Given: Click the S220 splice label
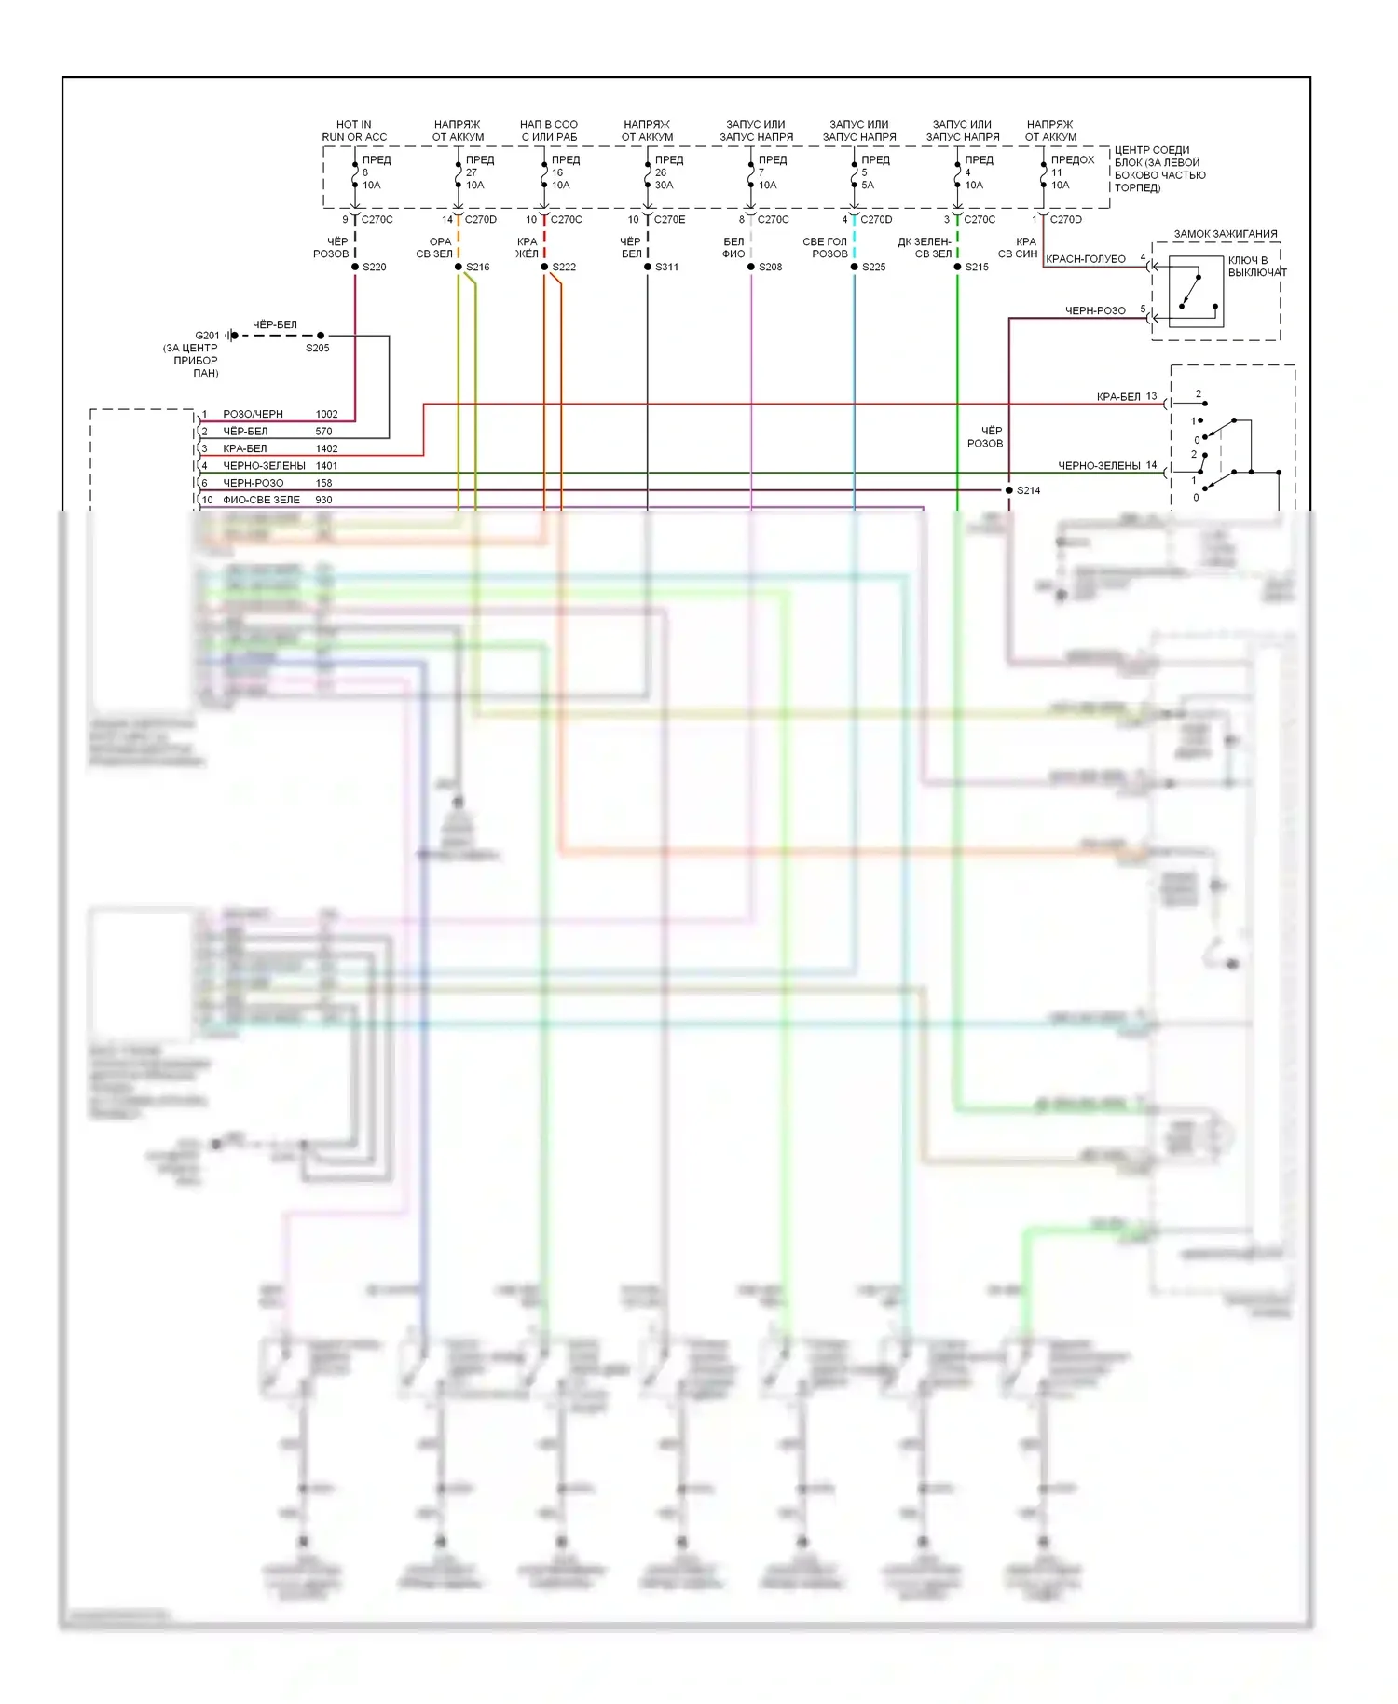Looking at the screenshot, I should [374, 268].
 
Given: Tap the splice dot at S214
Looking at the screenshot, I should [1008, 490].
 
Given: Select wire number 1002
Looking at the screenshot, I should [326, 414].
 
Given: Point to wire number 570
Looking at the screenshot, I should [323, 432].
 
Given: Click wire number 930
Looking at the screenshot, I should [323, 500].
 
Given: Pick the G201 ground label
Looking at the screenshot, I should [207, 336].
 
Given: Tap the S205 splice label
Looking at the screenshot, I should [317, 349].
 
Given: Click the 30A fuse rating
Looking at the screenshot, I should [664, 186].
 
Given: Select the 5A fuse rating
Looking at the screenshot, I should [868, 186].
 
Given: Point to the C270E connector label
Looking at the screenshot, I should [669, 220].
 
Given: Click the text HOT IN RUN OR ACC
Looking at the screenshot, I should [354, 131].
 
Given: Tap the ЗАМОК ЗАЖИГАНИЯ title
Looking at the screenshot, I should [1225, 234].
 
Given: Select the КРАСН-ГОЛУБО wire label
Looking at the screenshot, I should [1086, 259].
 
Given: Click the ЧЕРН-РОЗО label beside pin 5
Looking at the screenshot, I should [1095, 310].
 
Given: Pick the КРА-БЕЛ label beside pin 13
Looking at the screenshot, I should [1118, 397].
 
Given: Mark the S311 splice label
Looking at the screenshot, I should [666, 268].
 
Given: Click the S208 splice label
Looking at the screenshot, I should [770, 268].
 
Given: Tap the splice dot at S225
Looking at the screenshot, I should [854, 268].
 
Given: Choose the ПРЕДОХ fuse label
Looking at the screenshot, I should [1073, 160].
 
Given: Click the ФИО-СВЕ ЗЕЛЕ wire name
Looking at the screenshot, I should [261, 500].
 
